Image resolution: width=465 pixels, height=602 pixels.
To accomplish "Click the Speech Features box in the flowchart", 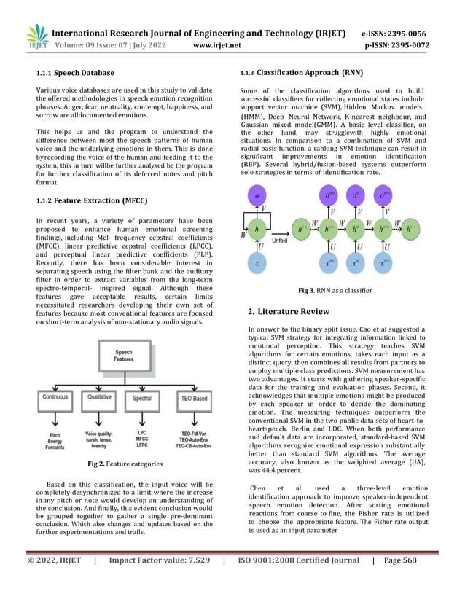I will [x=123, y=356].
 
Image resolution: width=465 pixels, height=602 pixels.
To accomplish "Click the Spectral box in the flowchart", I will [x=141, y=398].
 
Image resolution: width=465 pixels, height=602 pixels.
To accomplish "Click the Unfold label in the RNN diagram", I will [x=280, y=240].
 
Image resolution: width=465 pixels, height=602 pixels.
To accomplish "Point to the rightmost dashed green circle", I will [x=411, y=229].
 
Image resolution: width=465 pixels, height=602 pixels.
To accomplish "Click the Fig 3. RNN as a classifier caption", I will [x=335, y=290].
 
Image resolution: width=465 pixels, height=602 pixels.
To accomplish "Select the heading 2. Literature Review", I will [x=289, y=312].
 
